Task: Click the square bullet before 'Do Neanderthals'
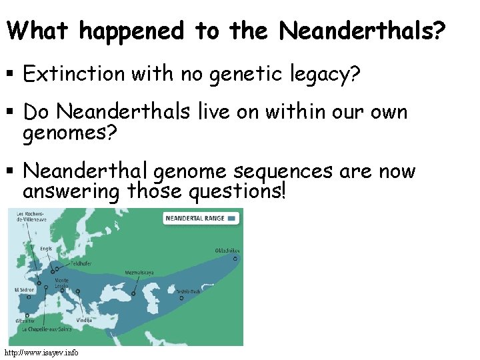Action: (11, 112)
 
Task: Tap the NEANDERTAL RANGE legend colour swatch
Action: (232, 217)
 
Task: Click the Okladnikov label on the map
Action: (227, 251)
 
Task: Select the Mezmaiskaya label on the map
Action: (140, 273)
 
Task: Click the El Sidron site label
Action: (24, 290)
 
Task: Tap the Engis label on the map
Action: (45, 248)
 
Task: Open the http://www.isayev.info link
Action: (41, 352)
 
